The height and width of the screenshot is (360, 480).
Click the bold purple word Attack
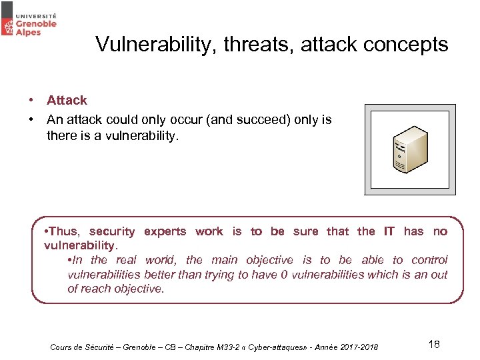point(67,101)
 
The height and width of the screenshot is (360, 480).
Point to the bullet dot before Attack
point(31,101)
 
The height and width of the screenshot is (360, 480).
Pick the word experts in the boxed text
point(165,231)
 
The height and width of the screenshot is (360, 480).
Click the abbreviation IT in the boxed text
point(389,231)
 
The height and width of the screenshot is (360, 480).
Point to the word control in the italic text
point(429,260)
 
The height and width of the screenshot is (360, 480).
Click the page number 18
point(433,344)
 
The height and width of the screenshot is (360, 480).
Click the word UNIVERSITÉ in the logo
point(37,14)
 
